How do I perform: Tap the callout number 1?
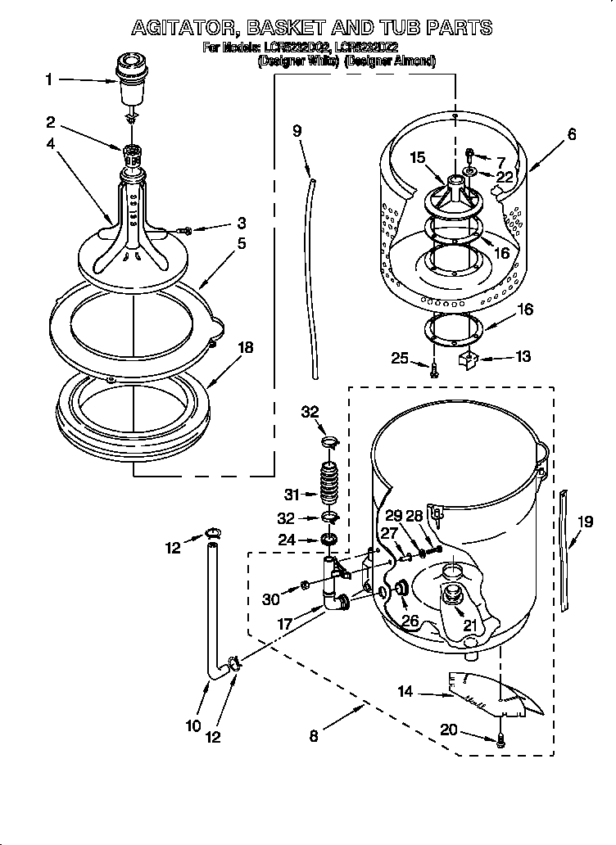(48, 79)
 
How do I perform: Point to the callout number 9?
(297, 130)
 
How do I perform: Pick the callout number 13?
(523, 356)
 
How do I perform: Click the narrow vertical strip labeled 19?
(564, 549)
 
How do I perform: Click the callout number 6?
(571, 135)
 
